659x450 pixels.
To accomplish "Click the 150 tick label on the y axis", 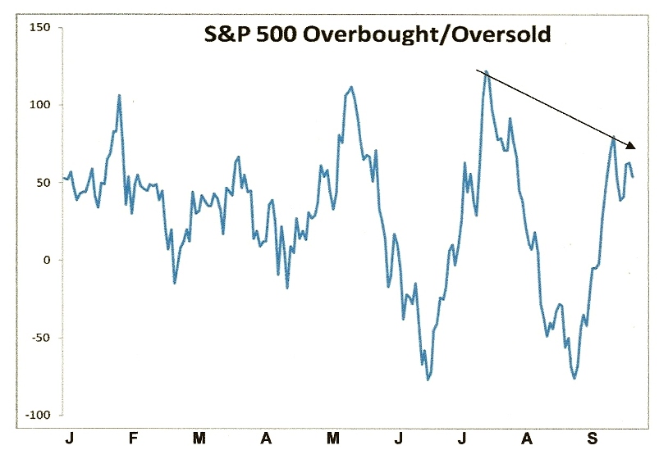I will click(39, 27).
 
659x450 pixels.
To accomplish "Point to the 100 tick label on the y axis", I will click(39, 105).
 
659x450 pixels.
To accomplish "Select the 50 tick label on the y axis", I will click(42, 183).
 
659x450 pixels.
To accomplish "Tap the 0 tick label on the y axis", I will click(46, 261).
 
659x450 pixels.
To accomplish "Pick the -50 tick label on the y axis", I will click(39, 338).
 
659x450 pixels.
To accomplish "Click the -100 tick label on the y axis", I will click(36, 416).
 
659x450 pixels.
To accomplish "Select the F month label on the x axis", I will click(134, 438).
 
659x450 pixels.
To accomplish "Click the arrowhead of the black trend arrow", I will click(632, 146).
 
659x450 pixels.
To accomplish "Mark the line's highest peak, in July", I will click(487, 71).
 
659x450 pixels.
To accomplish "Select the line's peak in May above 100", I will click(351, 87).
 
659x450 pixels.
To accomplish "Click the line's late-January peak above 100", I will click(120, 95).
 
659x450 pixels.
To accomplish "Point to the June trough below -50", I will click(428, 380).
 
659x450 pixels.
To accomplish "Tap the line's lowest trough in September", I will click(574, 378).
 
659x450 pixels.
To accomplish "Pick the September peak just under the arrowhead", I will click(613, 138).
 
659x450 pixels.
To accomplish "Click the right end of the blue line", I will click(633, 176).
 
